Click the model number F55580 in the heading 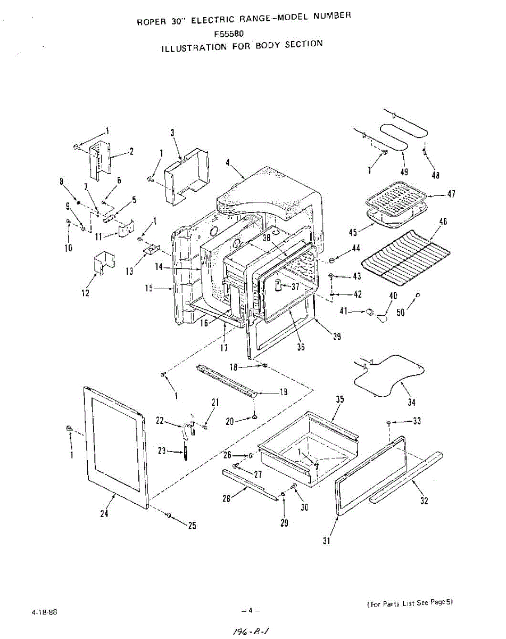coord(229,34)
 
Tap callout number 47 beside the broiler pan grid coord(451,194)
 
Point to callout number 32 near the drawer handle coord(425,501)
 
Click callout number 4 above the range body coord(228,163)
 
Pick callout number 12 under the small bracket coord(86,293)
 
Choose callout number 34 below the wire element coord(412,403)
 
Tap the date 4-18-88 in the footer coord(44,612)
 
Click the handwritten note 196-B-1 coord(252,629)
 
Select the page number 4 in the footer coord(250,611)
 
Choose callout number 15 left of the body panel coord(150,288)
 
